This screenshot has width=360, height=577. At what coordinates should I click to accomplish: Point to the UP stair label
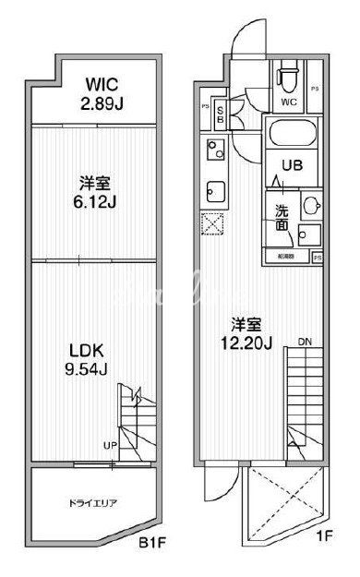coord(110,446)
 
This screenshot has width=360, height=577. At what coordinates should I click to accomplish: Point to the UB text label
coord(292,167)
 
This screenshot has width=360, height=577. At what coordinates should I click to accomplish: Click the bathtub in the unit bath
coord(288,139)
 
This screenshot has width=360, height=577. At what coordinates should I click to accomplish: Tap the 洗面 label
coord(282,216)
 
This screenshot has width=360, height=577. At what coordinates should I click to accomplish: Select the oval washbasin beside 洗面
coord(312,205)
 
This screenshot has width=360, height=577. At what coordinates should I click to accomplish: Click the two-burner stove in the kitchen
coord(213,148)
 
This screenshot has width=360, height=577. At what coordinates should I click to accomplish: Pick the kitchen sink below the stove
coord(213,192)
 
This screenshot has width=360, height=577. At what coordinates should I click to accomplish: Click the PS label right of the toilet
coord(316,89)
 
